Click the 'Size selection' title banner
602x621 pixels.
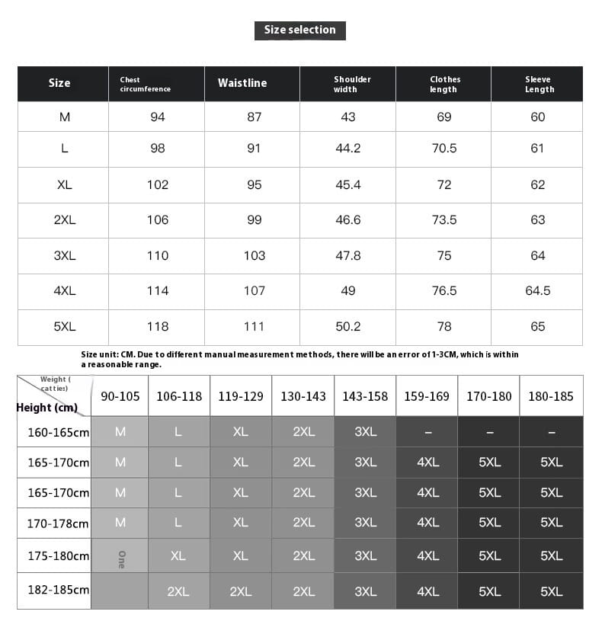click(x=299, y=30)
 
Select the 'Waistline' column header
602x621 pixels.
click(x=242, y=83)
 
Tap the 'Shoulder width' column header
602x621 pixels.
click(x=351, y=84)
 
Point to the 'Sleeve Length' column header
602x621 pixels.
click(x=539, y=84)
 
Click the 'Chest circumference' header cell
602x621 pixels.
click(x=145, y=84)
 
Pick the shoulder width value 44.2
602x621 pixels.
click(x=348, y=149)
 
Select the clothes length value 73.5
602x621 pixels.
click(x=444, y=220)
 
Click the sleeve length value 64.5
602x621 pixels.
click(x=538, y=291)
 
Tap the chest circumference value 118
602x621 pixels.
click(x=158, y=327)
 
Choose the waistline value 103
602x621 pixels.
click(x=255, y=256)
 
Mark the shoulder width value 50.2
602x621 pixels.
click(x=348, y=327)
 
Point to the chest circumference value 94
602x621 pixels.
click(x=158, y=117)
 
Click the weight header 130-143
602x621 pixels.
click(x=303, y=396)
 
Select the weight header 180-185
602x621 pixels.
click(x=551, y=396)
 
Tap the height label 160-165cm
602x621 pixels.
click(x=58, y=433)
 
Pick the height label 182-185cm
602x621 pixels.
click(x=58, y=591)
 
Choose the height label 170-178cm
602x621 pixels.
click(x=58, y=523)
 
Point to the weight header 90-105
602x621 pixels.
click(x=120, y=396)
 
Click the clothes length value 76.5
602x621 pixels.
click(x=444, y=291)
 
